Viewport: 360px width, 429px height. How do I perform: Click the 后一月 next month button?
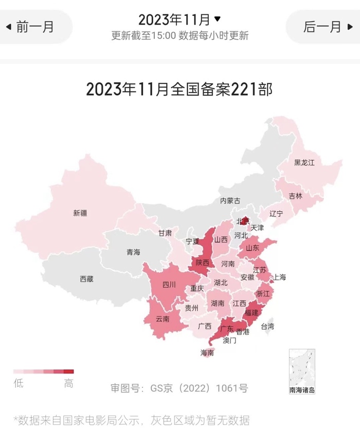(324, 27)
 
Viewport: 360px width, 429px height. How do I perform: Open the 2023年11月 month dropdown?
(179, 20)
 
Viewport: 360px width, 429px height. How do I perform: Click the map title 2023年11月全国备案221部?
(179, 89)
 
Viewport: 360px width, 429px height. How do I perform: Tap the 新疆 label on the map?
(80, 213)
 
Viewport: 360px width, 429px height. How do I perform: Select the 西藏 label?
(86, 279)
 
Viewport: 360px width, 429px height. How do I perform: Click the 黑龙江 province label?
(304, 163)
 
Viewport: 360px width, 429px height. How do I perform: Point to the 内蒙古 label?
(230, 201)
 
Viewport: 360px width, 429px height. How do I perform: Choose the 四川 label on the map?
(169, 285)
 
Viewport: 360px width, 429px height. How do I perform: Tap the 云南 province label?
(163, 319)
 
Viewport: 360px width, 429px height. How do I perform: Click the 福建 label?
(251, 312)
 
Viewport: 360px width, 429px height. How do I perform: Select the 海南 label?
(208, 352)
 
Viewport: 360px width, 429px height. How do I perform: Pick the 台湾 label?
(267, 326)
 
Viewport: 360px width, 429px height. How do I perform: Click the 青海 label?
(133, 252)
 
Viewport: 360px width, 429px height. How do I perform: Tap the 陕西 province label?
(202, 263)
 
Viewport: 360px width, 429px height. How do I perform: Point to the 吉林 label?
(296, 196)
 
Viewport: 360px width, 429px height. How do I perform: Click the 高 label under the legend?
(68, 383)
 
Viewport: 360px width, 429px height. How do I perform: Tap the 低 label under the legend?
(19, 383)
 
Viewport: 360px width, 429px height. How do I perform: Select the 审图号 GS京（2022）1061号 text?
(179, 388)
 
